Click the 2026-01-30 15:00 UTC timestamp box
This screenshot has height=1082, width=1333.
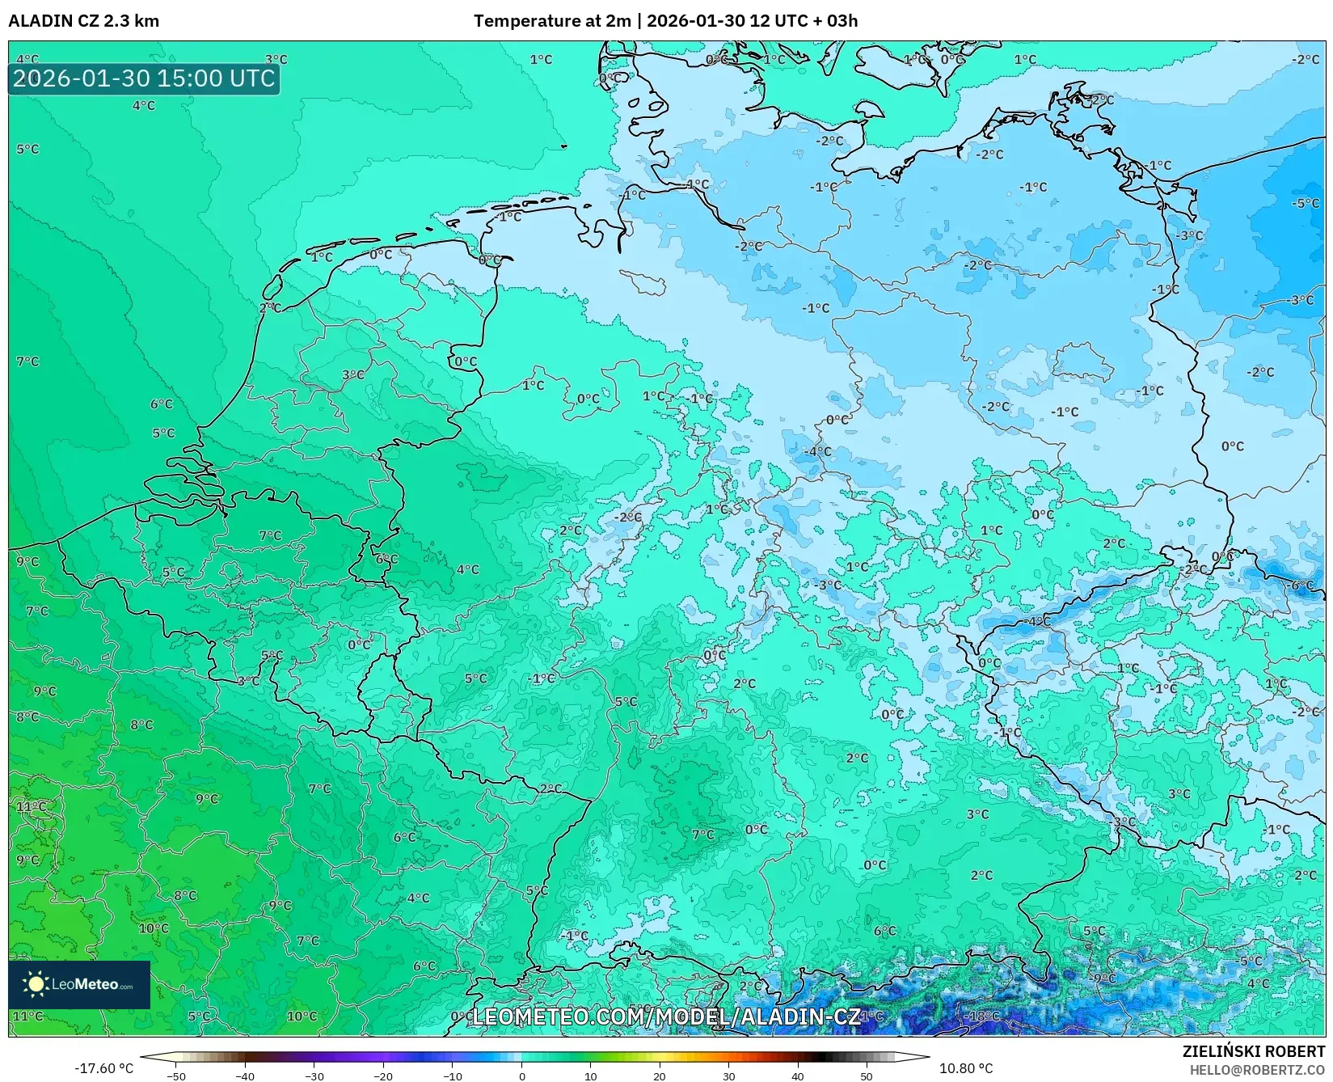tap(144, 78)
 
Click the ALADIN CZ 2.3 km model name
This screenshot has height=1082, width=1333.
tap(83, 21)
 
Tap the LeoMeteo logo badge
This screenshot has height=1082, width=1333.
tap(79, 984)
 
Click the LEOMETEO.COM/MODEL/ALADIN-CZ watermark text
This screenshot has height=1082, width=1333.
tap(665, 1016)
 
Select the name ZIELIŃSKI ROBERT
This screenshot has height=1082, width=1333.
tap(1254, 1051)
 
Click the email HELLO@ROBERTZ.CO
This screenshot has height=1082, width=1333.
tap(1257, 1070)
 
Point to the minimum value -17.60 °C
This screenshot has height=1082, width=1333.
tap(103, 1068)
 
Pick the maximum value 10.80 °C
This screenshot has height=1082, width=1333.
tap(965, 1068)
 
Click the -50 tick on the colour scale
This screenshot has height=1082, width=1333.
tap(175, 1076)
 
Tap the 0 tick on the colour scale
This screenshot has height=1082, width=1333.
tap(521, 1076)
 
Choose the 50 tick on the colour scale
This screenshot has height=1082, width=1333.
tap(867, 1076)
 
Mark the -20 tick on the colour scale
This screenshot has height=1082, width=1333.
tap(383, 1076)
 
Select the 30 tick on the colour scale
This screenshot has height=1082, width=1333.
tap(728, 1076)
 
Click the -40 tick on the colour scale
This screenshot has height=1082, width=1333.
tap(245, 1076)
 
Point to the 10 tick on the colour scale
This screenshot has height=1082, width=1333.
tap(590, 1076)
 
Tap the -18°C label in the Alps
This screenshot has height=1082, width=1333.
tap(984, 1016)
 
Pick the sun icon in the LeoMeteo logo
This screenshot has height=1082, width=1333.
tap(36, 983)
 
